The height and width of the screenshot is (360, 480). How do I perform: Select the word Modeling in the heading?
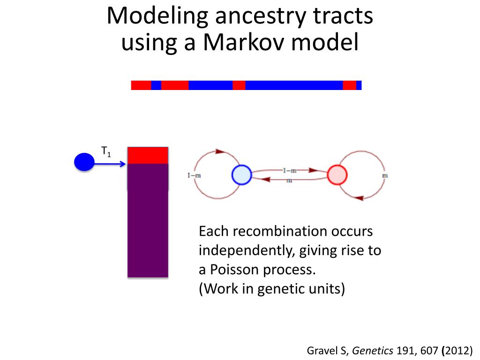[x=157, y=16]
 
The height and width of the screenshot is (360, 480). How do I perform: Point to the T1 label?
[x=106, y=151]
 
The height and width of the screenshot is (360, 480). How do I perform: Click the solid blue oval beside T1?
[x=84, y=162]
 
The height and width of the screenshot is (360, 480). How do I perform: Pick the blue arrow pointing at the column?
[x=111, y=164]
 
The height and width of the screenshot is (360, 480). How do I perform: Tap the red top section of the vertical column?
[x=148, y=155]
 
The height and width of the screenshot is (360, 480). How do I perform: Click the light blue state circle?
[x=242, y=175]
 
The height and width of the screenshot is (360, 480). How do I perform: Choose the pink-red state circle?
[x=337, y=175]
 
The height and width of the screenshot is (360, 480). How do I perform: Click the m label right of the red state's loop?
[x=386, y=175]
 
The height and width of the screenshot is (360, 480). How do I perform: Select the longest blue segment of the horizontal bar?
[x=294, y=85]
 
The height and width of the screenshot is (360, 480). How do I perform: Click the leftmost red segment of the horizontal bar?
[x=141, y=85]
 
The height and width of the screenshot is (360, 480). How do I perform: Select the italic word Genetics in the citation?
[x=373, y=350]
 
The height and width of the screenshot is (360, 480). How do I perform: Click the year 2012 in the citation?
[x=459, y=350]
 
